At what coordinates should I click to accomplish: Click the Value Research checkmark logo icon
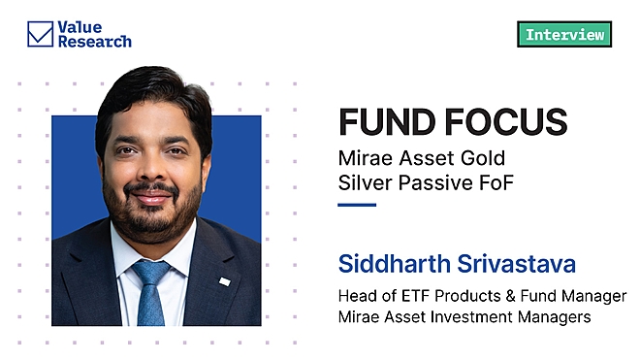pyautogui.click(x=40, y=35)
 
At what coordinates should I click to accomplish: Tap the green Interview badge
pyautogui.click(x=564, y=35)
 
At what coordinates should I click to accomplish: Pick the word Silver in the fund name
pyautogui.click(x=366, y=182)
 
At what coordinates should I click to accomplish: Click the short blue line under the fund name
pyautogui.click(x=356, y=205)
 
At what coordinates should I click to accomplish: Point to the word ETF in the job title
pyautogui.click(x=424, y=296)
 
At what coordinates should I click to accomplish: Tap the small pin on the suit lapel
pyautogui.click(x=224, y=281)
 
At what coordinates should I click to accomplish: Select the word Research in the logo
pyautogui.click(x=95, y=42)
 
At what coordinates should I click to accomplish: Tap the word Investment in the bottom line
pyautogui.click(x=485, y=316)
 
